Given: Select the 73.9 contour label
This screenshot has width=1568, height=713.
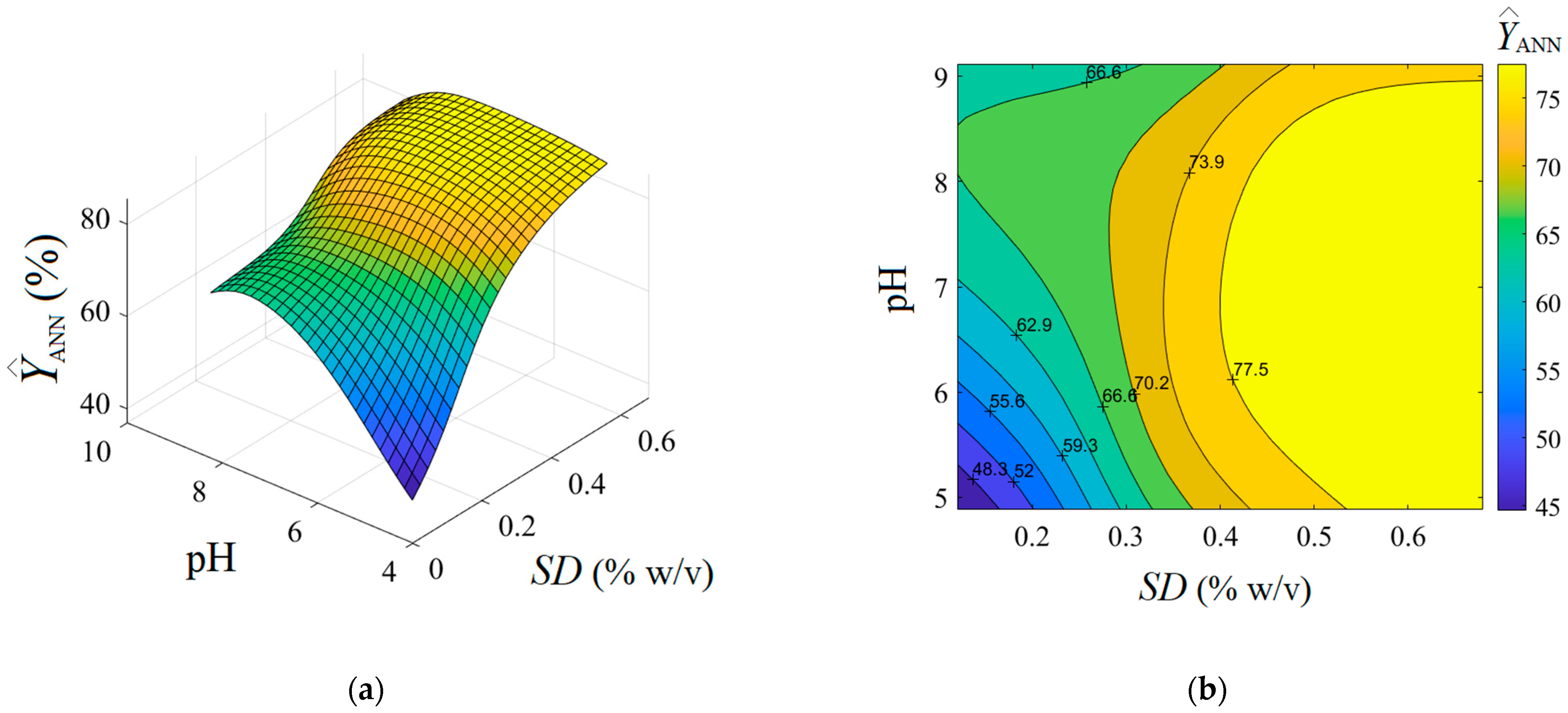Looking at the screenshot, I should pyautogui.click(x=1206, y=162).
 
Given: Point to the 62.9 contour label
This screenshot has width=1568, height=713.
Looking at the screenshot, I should pyautogui.click(x=1034, y=325).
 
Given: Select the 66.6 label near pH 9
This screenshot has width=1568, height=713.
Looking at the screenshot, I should pyautogui.click(x=1103, y=73).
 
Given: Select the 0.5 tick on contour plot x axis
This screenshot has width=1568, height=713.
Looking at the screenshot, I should pyautogui.click(x=1314, y=537).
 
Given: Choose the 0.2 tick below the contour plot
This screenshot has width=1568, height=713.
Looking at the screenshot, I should pyautogui.click(x=1032, y=537).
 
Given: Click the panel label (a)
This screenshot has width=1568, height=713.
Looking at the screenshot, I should pyautogui.click(x=366, y=690).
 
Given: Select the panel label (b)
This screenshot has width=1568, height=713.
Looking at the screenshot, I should pyautogui.click(x=1206, y=690).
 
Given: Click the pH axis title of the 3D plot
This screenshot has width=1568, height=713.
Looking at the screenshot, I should pyautogui.click(x=210, y=560).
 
